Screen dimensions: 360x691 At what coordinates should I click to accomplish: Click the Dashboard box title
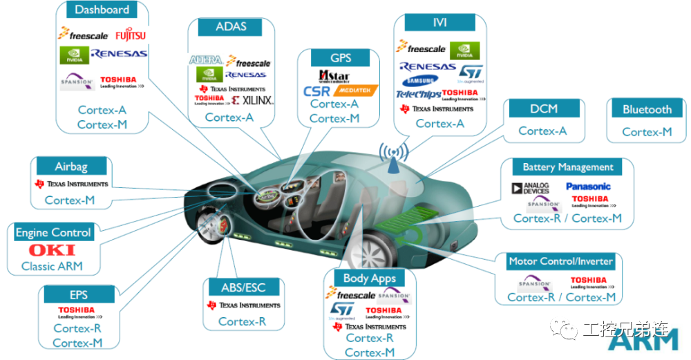(x=102, y=10)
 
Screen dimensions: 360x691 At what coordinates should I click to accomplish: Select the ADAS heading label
(x=231, y=28)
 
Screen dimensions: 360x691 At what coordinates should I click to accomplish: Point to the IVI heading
(x=439, y=23)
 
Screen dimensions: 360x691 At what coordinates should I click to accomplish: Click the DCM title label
(x=543, y=108)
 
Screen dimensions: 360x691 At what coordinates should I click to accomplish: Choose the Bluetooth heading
(x=647, y=109)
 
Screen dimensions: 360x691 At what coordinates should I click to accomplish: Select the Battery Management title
(x=567, y=167)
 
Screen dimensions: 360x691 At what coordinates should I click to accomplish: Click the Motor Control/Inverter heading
(x=560, y=261)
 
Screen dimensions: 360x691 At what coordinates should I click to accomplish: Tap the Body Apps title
(x=369, y=278)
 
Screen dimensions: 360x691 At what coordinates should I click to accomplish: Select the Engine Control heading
(x=53, y=233)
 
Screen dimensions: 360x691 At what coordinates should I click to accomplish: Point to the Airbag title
(x=72, y=167)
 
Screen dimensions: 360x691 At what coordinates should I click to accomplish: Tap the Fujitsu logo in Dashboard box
(x=130, y=35)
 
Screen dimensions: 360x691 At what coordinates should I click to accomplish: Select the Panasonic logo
(x=588, y=186)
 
